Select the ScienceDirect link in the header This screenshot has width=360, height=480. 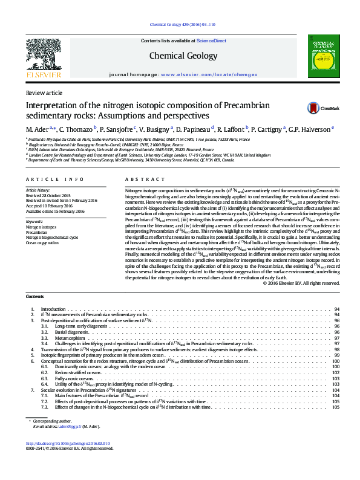click(x=211, y=41)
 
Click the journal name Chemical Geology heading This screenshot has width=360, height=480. click(x=183, y=56)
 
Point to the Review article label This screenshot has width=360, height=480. click(x=44, y=92)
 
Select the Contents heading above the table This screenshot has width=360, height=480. click(x=36, y=296)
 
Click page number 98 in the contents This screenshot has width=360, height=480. click(x=336, y=349)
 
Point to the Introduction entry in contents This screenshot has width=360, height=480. click(x=53, y=309)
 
